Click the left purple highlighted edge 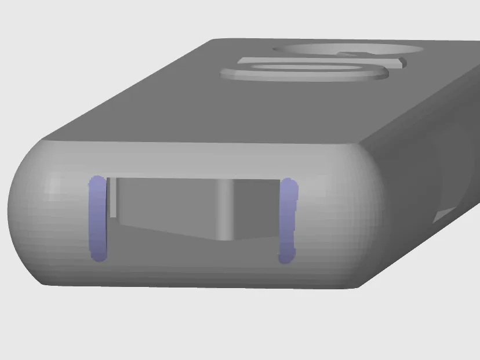click(x=97, y=219)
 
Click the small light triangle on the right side click(x=443, y=216)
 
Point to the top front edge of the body click(x=203, y=141)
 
